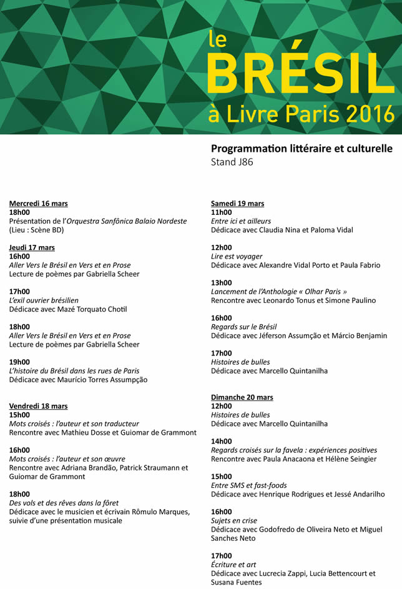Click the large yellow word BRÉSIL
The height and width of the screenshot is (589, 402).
click(300, 73)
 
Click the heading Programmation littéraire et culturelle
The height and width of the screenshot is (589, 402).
click(301, 149)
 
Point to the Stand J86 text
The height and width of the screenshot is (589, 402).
click(232, 162)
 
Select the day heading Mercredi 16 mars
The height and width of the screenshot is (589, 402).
click(39, 204)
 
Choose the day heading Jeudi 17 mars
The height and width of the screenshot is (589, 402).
click(32, 247)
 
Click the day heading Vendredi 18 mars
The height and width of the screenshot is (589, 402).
click(39, 406)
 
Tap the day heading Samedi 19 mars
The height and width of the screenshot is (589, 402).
click(237, 204)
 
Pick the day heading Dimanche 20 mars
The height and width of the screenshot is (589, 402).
click(242, 397)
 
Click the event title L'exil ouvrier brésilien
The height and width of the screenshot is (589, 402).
click(44, 300)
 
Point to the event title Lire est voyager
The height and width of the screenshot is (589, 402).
click(237, 256)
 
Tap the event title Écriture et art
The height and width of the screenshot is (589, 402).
click(233, 565)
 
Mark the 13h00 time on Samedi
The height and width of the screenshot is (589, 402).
click(222, 283)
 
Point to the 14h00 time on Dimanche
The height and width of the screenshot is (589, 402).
click(222, 441)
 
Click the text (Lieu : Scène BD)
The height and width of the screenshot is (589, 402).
click(37, 230)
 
